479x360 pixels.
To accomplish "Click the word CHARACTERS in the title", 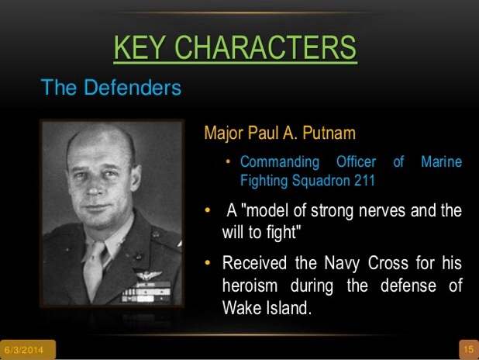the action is pos(265,47).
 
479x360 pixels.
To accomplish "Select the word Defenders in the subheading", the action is pos(133,88).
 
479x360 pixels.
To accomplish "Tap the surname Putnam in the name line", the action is pos(329,133).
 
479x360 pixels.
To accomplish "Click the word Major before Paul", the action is pos(224,133).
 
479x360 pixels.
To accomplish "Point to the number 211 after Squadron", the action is pos(364,180).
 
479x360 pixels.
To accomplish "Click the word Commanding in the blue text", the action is pos(280,162).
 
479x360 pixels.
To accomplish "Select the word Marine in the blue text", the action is pos(442,161).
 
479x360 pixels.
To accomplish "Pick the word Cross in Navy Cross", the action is pos(388,263).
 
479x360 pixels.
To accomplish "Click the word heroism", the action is pos(250,286).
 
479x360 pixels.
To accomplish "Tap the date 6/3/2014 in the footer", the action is pos(24,350).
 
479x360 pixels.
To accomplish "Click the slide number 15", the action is pos(469,349).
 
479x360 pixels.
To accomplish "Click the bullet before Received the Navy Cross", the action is pos(208,262).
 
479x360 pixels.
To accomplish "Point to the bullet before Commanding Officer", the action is pos(228,161).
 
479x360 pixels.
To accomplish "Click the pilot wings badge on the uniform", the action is pos(149,275).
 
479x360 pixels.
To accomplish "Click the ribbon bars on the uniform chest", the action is pos(146,293).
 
